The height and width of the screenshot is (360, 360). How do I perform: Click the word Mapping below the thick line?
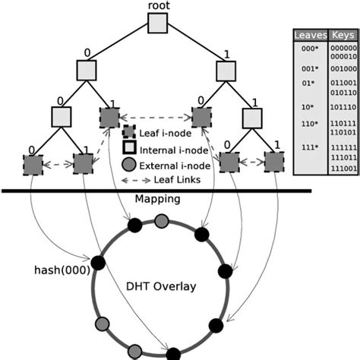click(x=157, y=199)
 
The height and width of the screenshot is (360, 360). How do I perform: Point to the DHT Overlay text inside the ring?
click(x=159, y=286)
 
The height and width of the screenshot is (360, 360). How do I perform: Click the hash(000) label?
click(x=62, y=269)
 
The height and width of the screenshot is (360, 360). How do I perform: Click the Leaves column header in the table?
click(x=309, y=35)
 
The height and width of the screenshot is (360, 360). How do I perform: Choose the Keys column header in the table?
click(x=343, y=35)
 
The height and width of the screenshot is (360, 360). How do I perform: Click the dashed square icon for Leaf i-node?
click(x=129, y=132)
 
